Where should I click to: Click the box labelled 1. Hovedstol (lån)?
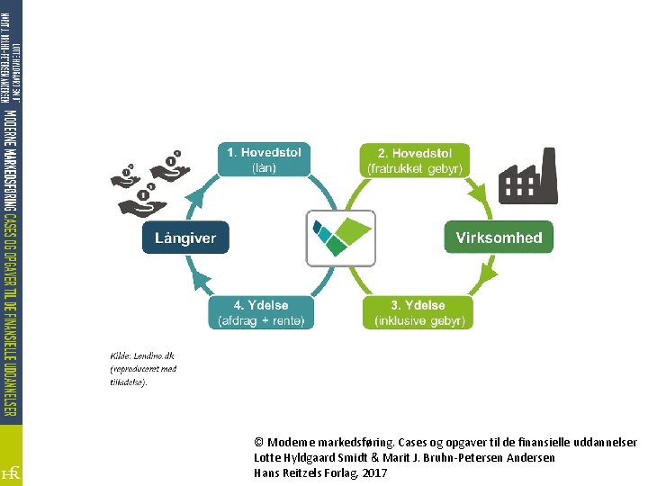click(265, 159)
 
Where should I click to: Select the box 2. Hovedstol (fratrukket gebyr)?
click(415, 159)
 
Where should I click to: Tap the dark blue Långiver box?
click(185, 238)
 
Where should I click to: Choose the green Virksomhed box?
click(499, 238)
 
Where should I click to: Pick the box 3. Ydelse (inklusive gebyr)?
click(418, 312)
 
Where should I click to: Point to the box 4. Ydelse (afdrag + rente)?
click(262, 312)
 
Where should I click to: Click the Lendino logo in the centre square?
click(340, 238)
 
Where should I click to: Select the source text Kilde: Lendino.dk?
click(141, 355)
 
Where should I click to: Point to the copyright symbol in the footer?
click(259, 443)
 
